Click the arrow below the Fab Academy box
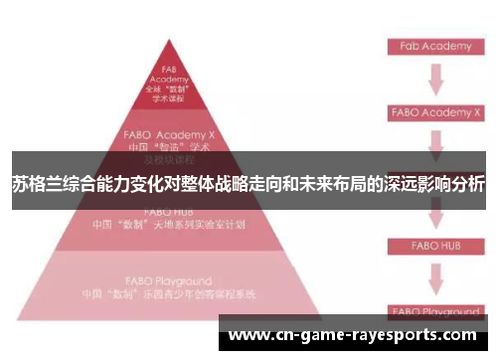coord(434,80)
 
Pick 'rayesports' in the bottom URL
coord(393,336)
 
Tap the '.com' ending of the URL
coord(457,336)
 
